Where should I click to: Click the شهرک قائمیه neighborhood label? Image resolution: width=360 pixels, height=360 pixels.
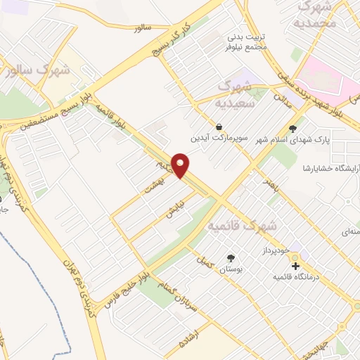point(243,226)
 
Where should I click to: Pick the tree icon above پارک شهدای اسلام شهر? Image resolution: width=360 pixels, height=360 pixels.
point(292,128)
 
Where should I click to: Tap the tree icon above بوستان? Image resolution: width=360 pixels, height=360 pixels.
point(231,258)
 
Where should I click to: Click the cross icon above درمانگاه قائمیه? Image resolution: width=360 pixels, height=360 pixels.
point(296,266)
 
